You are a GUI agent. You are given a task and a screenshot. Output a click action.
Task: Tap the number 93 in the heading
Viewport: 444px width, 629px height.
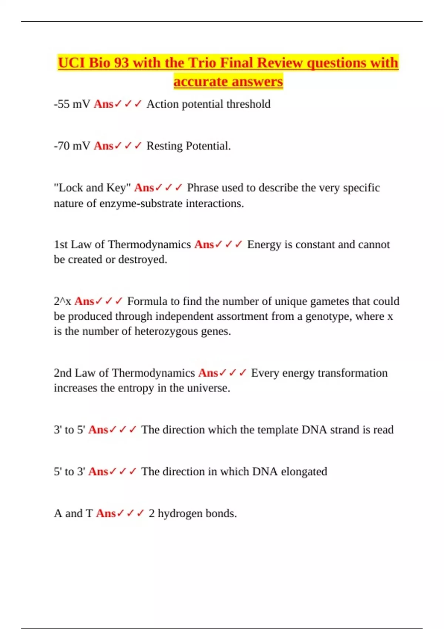[121, 63]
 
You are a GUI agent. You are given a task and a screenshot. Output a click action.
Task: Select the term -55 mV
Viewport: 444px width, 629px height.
[72, 104]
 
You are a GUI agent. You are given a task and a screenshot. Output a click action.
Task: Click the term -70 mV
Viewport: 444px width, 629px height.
[72, 146]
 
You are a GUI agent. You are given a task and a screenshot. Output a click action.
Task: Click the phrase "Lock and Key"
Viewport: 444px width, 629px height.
[92, 188]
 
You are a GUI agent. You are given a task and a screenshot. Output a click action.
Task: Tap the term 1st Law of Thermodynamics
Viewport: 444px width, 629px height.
[122, 245]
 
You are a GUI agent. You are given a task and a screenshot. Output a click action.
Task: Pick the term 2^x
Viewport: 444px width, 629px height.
[62, 302]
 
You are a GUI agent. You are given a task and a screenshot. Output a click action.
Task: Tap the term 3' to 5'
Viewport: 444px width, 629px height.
[69, 430]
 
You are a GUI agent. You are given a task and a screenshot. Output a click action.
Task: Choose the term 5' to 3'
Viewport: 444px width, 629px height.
[69, 472]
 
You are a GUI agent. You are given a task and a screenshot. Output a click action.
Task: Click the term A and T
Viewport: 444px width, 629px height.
[73, 514]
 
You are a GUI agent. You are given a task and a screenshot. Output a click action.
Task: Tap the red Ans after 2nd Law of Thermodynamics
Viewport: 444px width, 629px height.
[208, 373]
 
